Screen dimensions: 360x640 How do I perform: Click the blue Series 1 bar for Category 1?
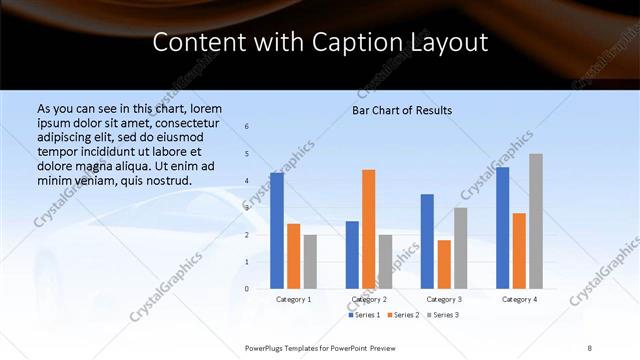click(277, 231)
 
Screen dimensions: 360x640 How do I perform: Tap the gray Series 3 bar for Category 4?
click(536, 221)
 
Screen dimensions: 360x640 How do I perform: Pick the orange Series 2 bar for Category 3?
click(444, 264)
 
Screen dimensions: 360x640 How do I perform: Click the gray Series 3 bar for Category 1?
click(310, 262)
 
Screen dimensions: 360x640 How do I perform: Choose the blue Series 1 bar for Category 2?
click(352, 255)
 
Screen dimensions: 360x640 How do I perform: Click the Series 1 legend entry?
click(363, 315)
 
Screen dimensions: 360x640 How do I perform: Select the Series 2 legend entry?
click(402, 315)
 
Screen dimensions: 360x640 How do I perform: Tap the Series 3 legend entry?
click(442, 315)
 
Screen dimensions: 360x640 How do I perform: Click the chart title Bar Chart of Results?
click(402, 110)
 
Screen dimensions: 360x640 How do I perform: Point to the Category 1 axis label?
click(293, 299)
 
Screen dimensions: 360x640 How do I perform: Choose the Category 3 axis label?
click(444, 299)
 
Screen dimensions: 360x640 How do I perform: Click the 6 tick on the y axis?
click(247, 127)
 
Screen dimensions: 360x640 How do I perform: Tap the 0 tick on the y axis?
click(247, 289)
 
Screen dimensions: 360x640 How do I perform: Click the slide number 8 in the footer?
click(590, 347)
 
